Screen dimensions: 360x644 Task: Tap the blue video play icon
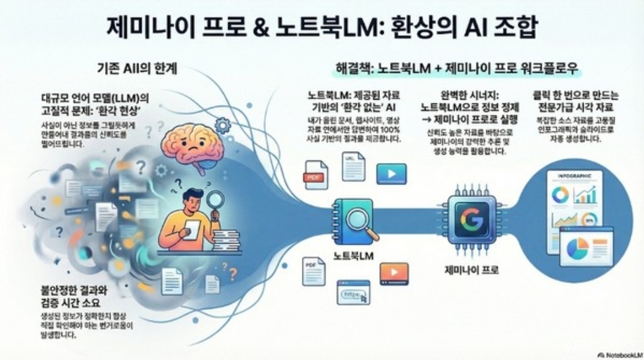click(391, 174)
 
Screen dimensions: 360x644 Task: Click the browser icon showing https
click(353, 293)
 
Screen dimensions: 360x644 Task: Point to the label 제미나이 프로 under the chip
click(472, 270)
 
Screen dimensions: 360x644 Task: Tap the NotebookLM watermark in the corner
click(618, 353)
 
